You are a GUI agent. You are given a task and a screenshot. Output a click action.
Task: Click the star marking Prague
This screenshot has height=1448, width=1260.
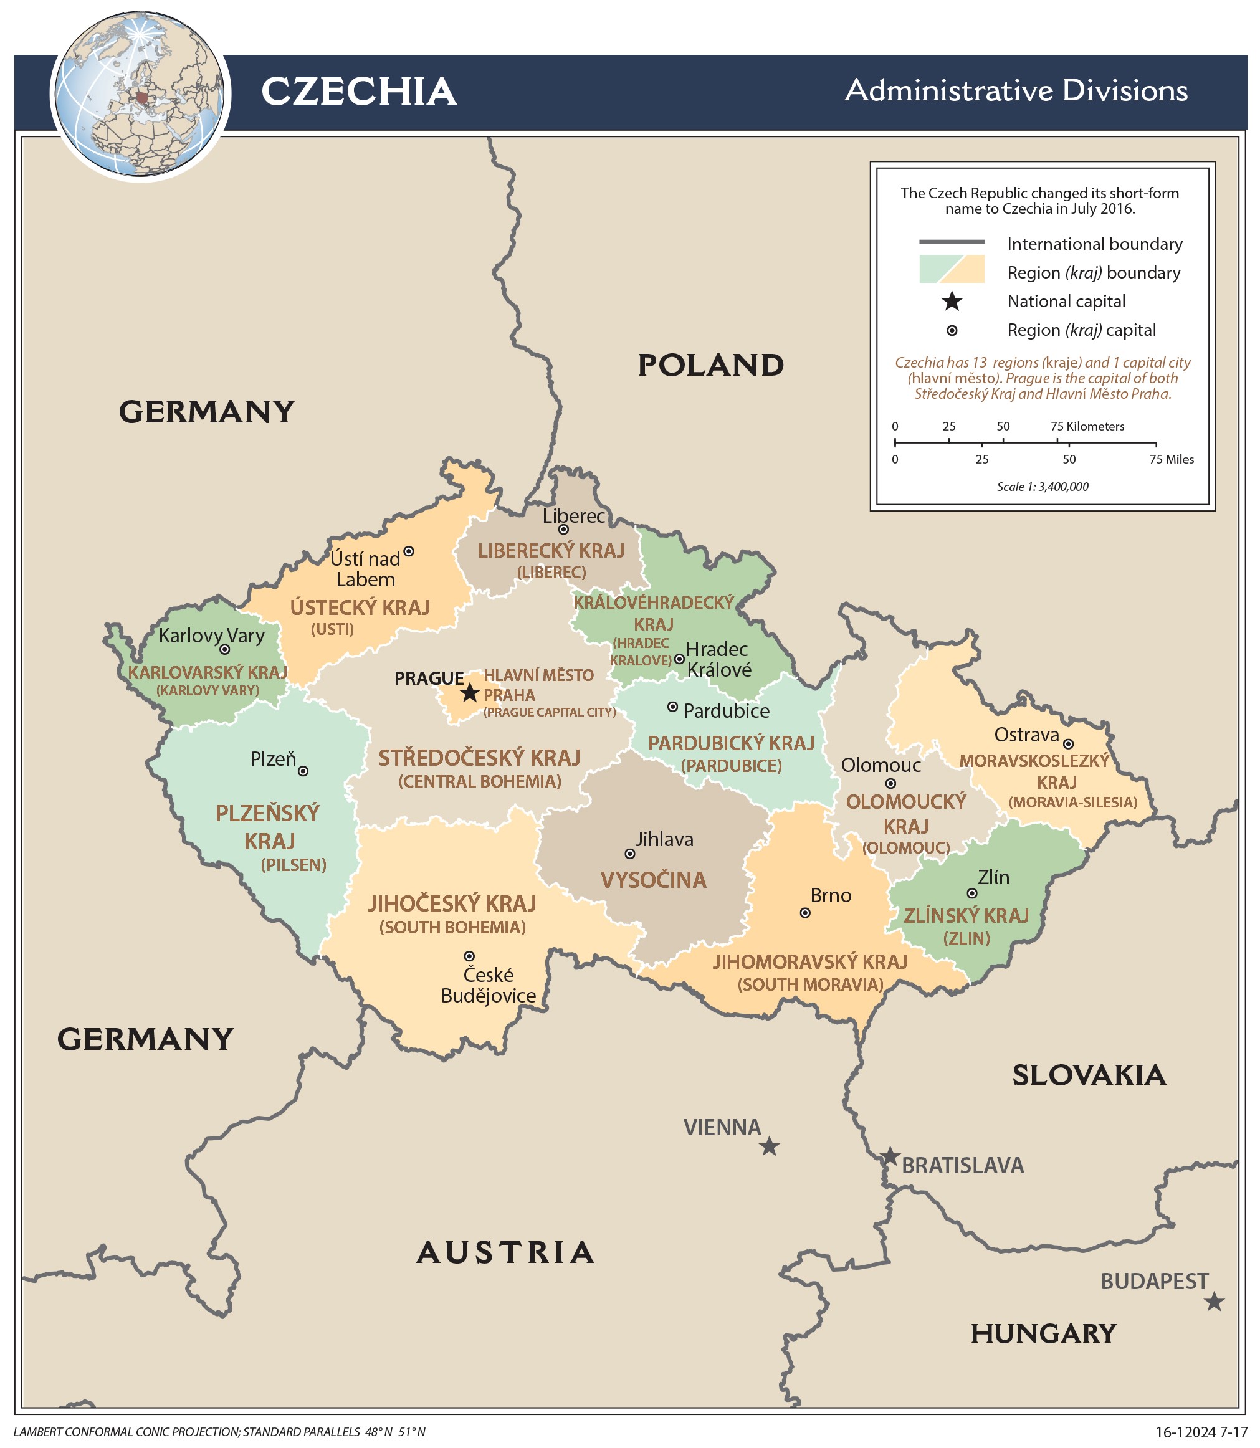[x=470, y=693]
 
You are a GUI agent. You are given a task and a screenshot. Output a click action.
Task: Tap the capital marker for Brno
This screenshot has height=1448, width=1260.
[x=805, y=912]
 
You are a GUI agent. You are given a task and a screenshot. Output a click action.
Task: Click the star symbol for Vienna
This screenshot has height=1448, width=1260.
[x=769, y=1147]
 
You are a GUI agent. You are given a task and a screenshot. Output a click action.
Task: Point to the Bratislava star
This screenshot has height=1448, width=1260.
[x=889, y=1156]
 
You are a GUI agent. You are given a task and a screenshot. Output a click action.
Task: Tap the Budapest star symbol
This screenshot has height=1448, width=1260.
[x=1214, y=1302]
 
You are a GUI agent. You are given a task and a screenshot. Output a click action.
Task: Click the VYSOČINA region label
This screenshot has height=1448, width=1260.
[x=652, y=880]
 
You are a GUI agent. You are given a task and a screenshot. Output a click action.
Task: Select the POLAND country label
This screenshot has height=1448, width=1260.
[x=710, y=366]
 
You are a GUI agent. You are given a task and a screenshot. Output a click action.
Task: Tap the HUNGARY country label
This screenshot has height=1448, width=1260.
[x=1043, y=1333]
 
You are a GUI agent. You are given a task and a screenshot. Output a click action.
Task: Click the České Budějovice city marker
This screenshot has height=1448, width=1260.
[x=469, y=956]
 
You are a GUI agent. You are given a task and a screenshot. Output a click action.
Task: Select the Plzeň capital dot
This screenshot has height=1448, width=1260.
[x=303, y=771]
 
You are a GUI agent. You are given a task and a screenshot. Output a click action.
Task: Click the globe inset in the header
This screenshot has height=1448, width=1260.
[x=141, y=95]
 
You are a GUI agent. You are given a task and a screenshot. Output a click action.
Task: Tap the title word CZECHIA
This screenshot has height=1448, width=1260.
[x=358, y=92]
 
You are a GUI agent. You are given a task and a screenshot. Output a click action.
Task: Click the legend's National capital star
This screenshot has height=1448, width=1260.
[x=952, y=302]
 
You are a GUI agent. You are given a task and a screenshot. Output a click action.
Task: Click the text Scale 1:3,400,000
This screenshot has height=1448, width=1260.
[x=1042, y=487]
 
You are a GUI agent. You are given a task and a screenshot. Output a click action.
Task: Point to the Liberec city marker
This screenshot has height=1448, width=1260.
[x=563, y=530]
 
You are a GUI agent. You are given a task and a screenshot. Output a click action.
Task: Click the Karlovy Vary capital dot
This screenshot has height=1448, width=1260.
[x=224, y=649]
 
